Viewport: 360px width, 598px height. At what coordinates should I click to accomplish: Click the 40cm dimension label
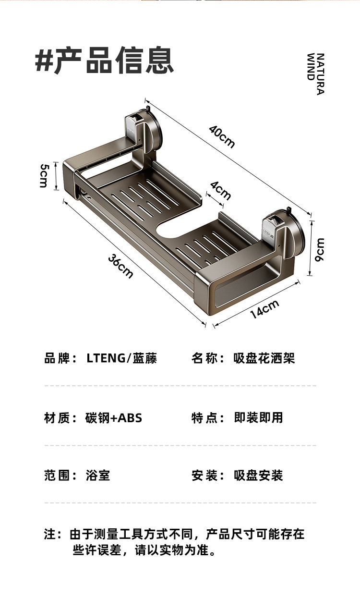coord(222,136)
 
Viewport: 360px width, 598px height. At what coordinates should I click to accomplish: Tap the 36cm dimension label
coord(120,266)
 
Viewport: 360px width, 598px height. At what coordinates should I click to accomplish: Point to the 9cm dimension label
coord(320,249)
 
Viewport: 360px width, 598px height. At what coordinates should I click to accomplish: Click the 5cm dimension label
coord(45,175)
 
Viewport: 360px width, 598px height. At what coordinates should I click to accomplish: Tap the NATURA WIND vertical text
coord(315,73)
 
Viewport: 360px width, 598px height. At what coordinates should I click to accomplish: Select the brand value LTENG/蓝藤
coord(122,358)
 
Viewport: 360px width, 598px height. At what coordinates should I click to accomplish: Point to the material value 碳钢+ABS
coord(114,418)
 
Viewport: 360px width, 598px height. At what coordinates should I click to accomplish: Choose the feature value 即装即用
coord(258,418)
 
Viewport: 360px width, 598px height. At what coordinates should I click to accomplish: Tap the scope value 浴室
coord(98,476)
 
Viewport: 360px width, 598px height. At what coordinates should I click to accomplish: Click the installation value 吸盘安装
coord(258,476)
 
